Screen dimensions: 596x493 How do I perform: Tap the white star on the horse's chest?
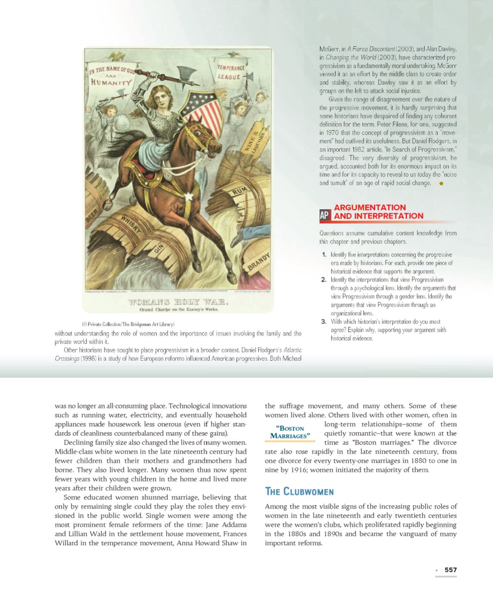(x=189, y=196)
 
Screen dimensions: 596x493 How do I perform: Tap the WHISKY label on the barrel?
(x=131, y=225)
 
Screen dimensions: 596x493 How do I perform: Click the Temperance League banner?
(x=231, y=72)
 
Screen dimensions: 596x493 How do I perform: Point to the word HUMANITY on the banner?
(x=111, y=82)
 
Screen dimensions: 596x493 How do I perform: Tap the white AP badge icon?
(x=325, y=215)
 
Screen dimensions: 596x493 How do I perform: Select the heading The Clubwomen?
(x=299, y=492)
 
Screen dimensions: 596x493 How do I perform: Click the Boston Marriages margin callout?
(x=290, y=432)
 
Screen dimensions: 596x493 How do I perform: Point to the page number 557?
(x=451, y=570)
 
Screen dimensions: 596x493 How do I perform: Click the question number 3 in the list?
(x=324, y=321)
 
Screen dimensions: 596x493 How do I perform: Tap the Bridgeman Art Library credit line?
(x=128, y=324)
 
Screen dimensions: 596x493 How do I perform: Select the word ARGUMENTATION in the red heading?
(x=370, y=208)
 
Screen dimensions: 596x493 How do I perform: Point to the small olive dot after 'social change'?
(x=441, y=184)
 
